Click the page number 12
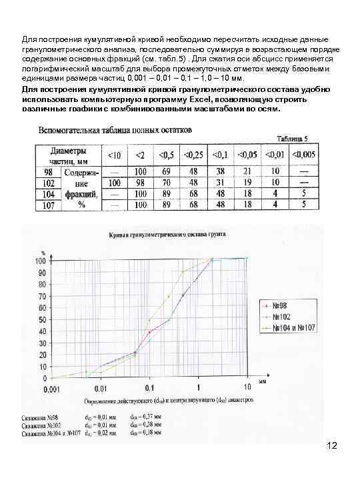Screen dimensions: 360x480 [x=333, y=445]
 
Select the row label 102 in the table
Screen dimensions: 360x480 [x=48, y=182]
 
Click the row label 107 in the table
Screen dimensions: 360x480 [x=48, y=205]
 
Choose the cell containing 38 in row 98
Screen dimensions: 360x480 [x=221, y=171]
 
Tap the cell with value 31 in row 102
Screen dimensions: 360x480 [x=221, y=182]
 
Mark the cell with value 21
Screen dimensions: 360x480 [x=247, y=171]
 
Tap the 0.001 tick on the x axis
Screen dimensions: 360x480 [x=51, y=386]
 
